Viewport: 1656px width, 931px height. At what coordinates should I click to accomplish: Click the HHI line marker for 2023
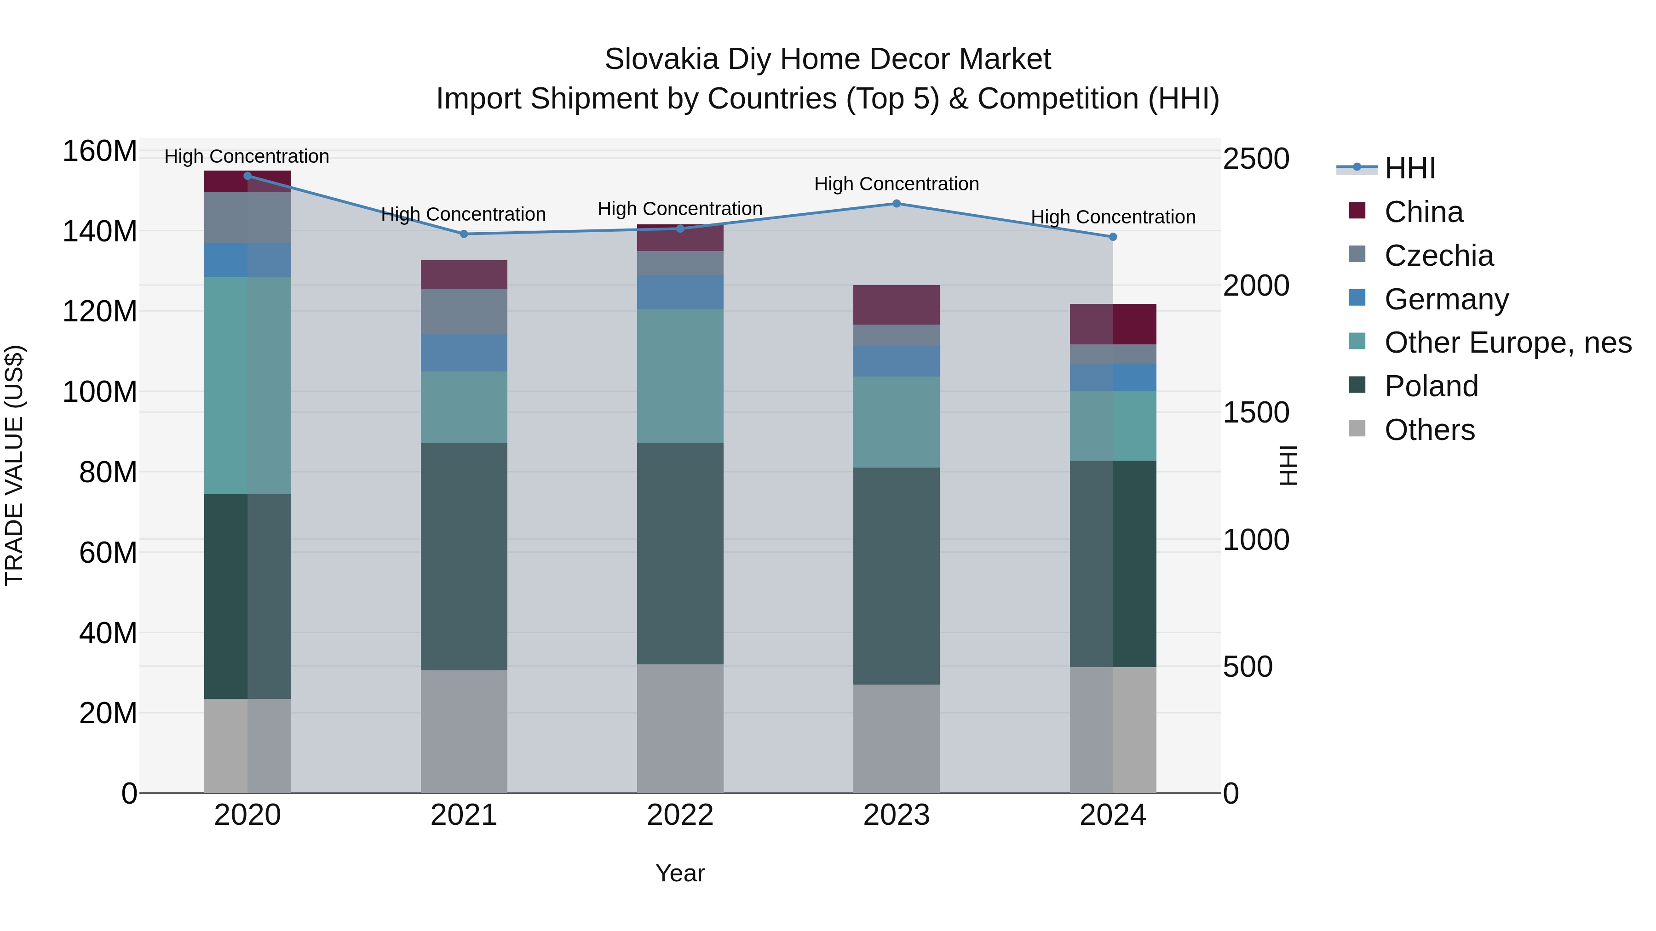coord(896,204)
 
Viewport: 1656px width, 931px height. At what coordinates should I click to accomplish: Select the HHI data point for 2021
coord(464,234)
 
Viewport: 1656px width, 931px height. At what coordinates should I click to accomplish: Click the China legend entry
coord(1423,212)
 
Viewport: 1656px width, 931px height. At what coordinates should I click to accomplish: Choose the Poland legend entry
coord(1431,386)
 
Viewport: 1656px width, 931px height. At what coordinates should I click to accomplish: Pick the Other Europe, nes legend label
coord(1507,343)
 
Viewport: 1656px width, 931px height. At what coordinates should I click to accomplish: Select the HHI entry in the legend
coord(1410,168)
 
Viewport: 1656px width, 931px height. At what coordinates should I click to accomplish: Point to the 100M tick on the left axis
coord(100,392)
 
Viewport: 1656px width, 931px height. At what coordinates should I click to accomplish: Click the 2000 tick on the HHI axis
coord(1255,286)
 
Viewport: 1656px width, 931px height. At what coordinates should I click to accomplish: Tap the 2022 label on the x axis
coord(679,815)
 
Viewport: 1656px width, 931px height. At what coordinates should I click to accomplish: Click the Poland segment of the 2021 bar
coord(464,556)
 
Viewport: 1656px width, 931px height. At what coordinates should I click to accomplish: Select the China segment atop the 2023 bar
coord(896,304)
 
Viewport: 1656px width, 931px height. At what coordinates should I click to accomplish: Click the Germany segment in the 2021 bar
coord(464,353)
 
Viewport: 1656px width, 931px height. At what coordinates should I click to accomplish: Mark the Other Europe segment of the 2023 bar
coord(896,422)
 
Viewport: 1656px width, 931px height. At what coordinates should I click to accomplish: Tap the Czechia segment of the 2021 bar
coord(464,312)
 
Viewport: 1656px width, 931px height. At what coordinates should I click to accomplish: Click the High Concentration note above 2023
coord(896,184)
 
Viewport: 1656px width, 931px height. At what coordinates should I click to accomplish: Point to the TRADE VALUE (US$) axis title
coord(14,465)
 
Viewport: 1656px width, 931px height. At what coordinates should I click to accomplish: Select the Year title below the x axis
coord(679,873)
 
